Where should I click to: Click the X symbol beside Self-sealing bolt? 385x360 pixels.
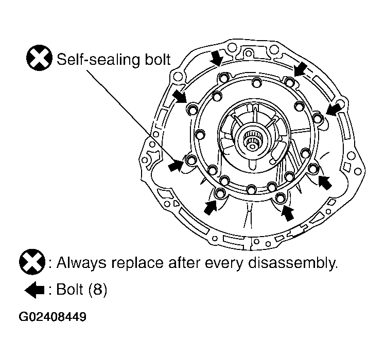click(x=39, y=58)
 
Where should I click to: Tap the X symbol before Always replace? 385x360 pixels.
click(x=32, y=262)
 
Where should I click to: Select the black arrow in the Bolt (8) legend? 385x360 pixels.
click(x=34, y=290)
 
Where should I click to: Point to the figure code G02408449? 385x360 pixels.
click(x=52, y=317)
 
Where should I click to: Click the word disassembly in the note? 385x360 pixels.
click(x=293, y=263)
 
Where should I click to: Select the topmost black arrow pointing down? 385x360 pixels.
click(x=217, y=59)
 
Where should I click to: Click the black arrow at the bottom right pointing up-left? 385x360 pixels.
click(x=325, y=182)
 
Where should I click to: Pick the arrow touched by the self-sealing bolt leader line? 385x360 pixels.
click(x=176, y=165)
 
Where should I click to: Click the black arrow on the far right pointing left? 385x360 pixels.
click(x=334, y=109)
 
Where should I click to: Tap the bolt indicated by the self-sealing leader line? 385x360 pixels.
click(x=191, y=160)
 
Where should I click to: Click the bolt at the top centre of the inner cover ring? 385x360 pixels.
click(x=256, y=82)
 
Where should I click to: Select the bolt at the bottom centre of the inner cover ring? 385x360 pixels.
click(x=251, y=189)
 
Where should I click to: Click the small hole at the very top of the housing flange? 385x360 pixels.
click(x=249, y=53)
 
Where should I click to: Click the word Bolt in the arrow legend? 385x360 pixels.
click(x=69, y=289)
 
